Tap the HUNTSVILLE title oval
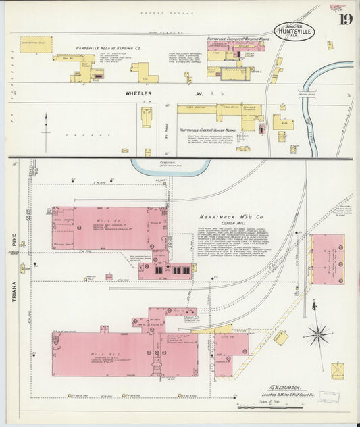pos(293,31)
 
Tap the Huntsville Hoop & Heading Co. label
pos(108,48)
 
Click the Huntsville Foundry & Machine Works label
pos(238,39)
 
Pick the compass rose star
pos(317,334)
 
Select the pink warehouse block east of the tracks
pos(328,259)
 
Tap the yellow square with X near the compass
pos(336,370)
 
